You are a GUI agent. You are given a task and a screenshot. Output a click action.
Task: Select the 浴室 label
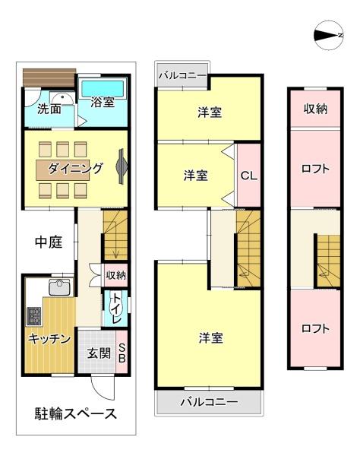pos(103,102)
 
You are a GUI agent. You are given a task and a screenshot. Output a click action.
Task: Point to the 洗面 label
pos(49,109)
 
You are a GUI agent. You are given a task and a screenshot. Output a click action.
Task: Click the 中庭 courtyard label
pos(47,242)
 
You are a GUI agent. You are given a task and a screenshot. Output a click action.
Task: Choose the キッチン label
pos(50,338)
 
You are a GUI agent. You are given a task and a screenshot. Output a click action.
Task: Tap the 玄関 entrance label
pos(98,353)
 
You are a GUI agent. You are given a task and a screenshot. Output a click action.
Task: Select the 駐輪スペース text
pos(75,414)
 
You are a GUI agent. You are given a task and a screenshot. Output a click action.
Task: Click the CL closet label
pos(248,176)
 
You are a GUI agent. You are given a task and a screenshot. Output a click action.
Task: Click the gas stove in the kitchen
pos(34,315)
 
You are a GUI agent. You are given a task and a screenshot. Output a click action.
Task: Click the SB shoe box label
pos(122,354)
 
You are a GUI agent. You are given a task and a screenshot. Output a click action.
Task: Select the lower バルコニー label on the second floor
pos(209,401)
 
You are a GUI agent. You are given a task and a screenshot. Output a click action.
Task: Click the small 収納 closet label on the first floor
pos(116,275)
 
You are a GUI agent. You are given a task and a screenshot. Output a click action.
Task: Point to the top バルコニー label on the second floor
pos(182,75)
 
